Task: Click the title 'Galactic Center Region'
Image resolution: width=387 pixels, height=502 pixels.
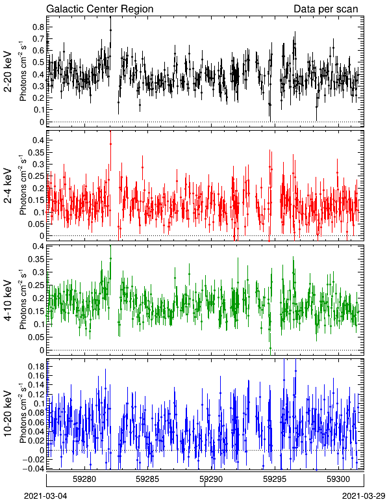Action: (100, 8)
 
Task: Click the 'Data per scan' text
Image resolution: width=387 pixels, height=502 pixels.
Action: (326, 8)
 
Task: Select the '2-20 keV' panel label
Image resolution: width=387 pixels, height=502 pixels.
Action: (8, 72)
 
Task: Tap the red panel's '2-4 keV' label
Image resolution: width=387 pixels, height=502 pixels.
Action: (8, 186)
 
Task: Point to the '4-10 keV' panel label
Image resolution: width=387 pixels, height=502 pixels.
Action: (8, 300)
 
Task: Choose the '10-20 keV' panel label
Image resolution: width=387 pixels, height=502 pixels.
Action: (8, 414)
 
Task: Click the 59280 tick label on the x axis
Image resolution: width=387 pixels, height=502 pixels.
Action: (84, 479)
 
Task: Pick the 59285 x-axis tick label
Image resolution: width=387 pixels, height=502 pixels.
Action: (147, 479)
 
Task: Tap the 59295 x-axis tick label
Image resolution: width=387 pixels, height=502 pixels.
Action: (274, 479)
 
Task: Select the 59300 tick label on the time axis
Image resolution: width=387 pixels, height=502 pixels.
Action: (338, 479)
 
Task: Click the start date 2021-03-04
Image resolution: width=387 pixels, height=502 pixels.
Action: (45, 496)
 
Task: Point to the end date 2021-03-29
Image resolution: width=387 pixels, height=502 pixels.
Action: (364, 496)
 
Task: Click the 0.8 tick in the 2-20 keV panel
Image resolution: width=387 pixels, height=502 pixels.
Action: (38, 27)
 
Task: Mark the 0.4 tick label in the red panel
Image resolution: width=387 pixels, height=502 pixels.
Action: (38, 140)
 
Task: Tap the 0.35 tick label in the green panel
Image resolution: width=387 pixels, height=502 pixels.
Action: (36, 259)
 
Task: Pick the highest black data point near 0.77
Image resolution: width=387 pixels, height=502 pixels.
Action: (110, 30)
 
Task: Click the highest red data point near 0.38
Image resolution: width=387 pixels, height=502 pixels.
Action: (110, 144)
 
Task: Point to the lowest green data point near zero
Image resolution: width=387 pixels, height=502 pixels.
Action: (270, 348)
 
